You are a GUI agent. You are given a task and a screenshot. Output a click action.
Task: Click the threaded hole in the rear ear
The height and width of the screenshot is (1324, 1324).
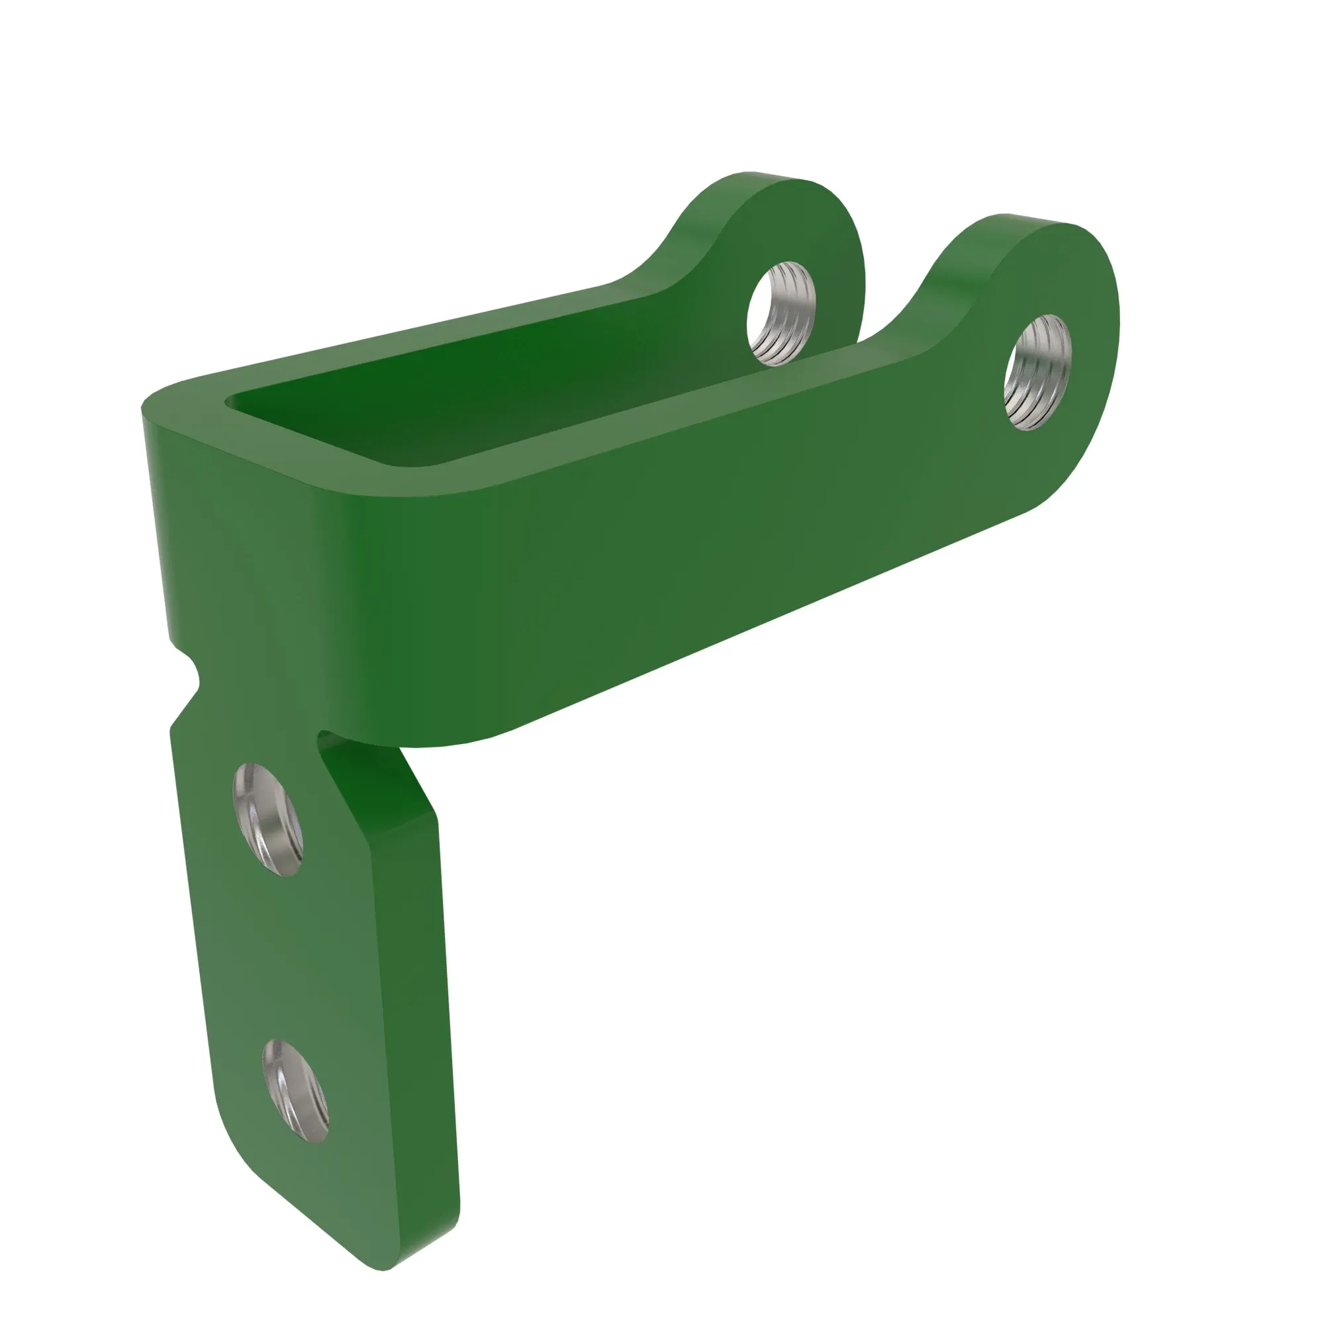[781, 312]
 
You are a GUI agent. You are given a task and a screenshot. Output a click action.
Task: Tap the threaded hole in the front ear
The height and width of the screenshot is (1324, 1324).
[1037, 372]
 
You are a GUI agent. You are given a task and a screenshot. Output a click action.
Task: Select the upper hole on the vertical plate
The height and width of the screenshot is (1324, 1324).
[268, 818]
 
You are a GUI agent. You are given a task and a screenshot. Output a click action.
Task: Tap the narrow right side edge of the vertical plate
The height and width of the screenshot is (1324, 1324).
[446, 1028]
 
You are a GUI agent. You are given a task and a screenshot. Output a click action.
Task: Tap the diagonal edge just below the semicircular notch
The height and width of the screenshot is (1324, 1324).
[183, 706]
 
